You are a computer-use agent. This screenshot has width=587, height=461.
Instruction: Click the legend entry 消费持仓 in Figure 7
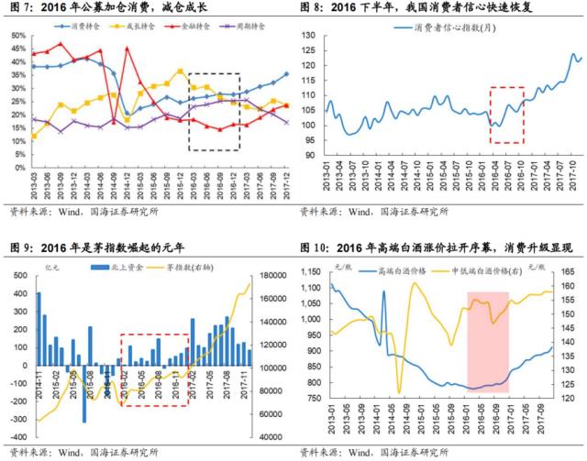(90, 28)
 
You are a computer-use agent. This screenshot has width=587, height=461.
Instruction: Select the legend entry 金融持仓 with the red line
(192, 28)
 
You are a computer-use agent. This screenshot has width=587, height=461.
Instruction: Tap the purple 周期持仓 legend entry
(242, 28)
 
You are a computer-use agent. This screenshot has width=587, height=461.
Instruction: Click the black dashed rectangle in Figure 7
(215, 111)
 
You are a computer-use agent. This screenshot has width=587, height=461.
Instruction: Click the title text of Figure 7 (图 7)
(109, 8)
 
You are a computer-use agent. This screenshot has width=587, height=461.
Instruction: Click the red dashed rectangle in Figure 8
(506, 115)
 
